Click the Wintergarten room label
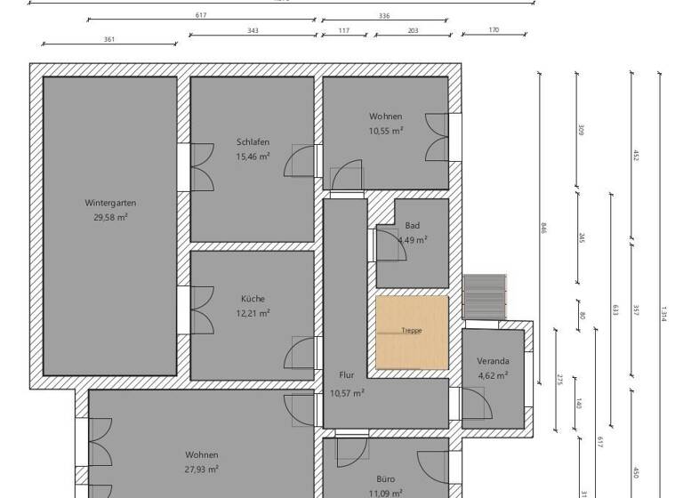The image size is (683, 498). (110, 203)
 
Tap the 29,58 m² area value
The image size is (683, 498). (110, 217)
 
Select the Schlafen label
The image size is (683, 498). (253, 142)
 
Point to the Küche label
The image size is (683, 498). (253, 299)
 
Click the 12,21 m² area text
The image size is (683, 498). (253, 313)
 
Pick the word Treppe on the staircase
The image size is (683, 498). (412, 331)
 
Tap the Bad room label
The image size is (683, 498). (412, 226)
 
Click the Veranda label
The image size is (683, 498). (493, 361)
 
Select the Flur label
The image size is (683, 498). (347, 375)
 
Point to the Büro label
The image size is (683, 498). (385, 478)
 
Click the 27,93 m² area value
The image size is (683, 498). (202, 470)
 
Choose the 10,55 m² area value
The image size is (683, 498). (386, 131)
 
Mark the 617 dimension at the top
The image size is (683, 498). (200, 15)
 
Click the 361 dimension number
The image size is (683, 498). (109, 39)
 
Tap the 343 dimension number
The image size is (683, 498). (253, 30)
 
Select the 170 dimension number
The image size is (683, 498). (494, 30)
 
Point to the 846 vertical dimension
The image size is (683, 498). (543, 228)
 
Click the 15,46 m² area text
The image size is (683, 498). (253, 157)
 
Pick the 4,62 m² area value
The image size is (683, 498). (493, 375)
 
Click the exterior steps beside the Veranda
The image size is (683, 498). (484, 295)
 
